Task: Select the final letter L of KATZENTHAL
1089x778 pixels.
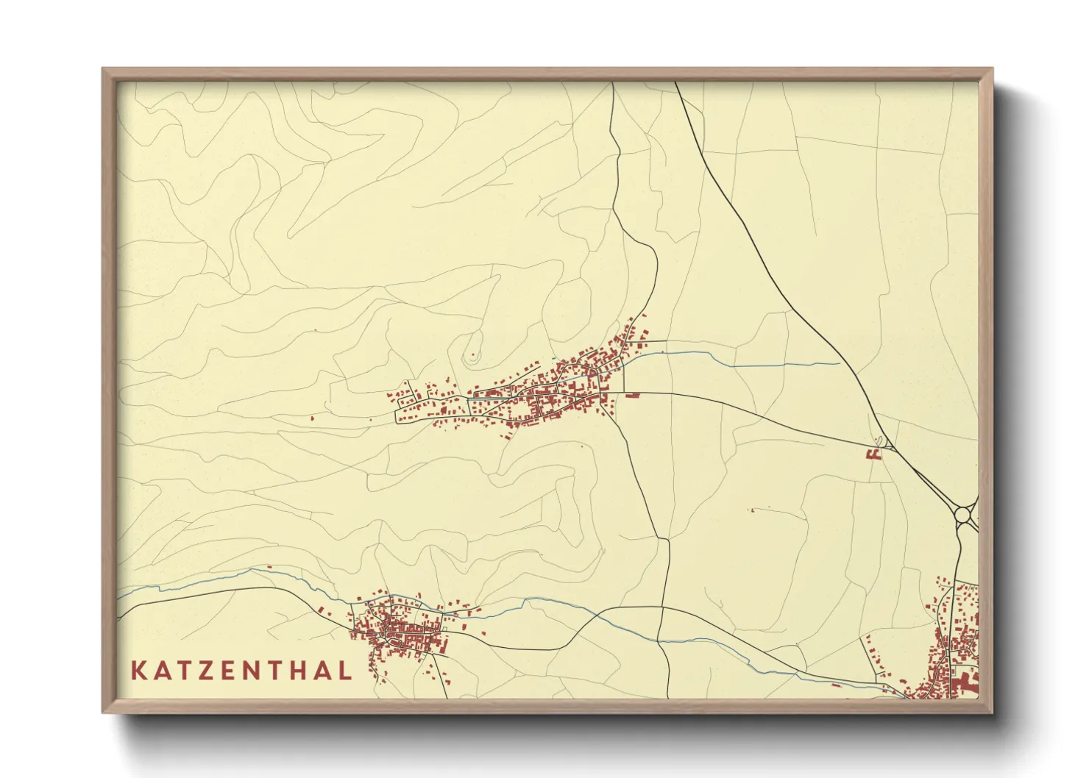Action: (x=344, y=671)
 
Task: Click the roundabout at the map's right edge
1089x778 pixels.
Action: (x=963, y=515)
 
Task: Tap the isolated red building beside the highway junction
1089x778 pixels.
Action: (x=874, y=454)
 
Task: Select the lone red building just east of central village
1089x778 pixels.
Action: (x=631, y=396)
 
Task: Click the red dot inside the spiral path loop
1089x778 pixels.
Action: (x=472, y=357)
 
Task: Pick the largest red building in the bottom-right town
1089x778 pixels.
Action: (x=964, y=684)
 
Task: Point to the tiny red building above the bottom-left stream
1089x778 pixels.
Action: (x=269, y=567)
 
